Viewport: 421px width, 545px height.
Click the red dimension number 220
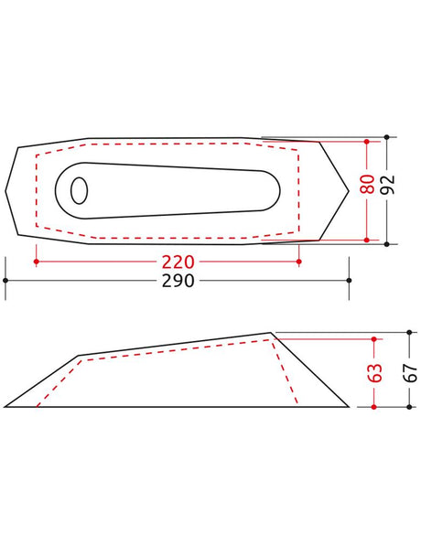click(x=178, y=262)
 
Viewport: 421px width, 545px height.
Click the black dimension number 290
click(x=178, y=281)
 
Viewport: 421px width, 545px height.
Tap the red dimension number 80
click(x=367, y=184)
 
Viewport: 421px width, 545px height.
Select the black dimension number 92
click(x=388, y=184)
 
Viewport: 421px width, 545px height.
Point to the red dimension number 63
click(x=374, y=372)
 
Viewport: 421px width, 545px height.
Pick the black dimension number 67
click(x=410, y=372)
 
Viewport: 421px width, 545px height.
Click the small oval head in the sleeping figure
click(x=80, y=190)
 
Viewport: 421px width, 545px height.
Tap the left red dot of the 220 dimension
click(x=37, y=262)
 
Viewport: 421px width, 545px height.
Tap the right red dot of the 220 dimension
click(x=299, y=262)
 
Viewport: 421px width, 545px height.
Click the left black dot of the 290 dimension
click(x=5, y=280)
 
